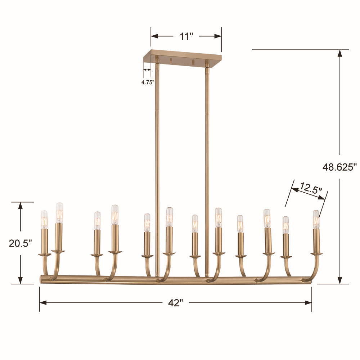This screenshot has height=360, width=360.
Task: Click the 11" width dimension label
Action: (186, 36)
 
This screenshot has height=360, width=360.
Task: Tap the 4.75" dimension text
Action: (148, 82)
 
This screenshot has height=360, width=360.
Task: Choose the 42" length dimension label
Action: (176, 303)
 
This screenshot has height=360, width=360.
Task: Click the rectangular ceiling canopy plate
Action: (182, 58)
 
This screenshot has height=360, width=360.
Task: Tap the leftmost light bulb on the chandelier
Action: (44, 220)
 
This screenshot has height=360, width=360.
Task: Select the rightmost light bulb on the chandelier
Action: (316, 219)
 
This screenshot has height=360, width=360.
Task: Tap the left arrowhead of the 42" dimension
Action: (43, 303)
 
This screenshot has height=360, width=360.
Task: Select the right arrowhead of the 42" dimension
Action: (308, 303)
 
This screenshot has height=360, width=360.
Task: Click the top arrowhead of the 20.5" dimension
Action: (21, 206)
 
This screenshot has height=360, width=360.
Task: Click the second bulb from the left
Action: (59, 212)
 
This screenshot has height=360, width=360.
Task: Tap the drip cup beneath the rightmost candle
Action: (316, 254)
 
